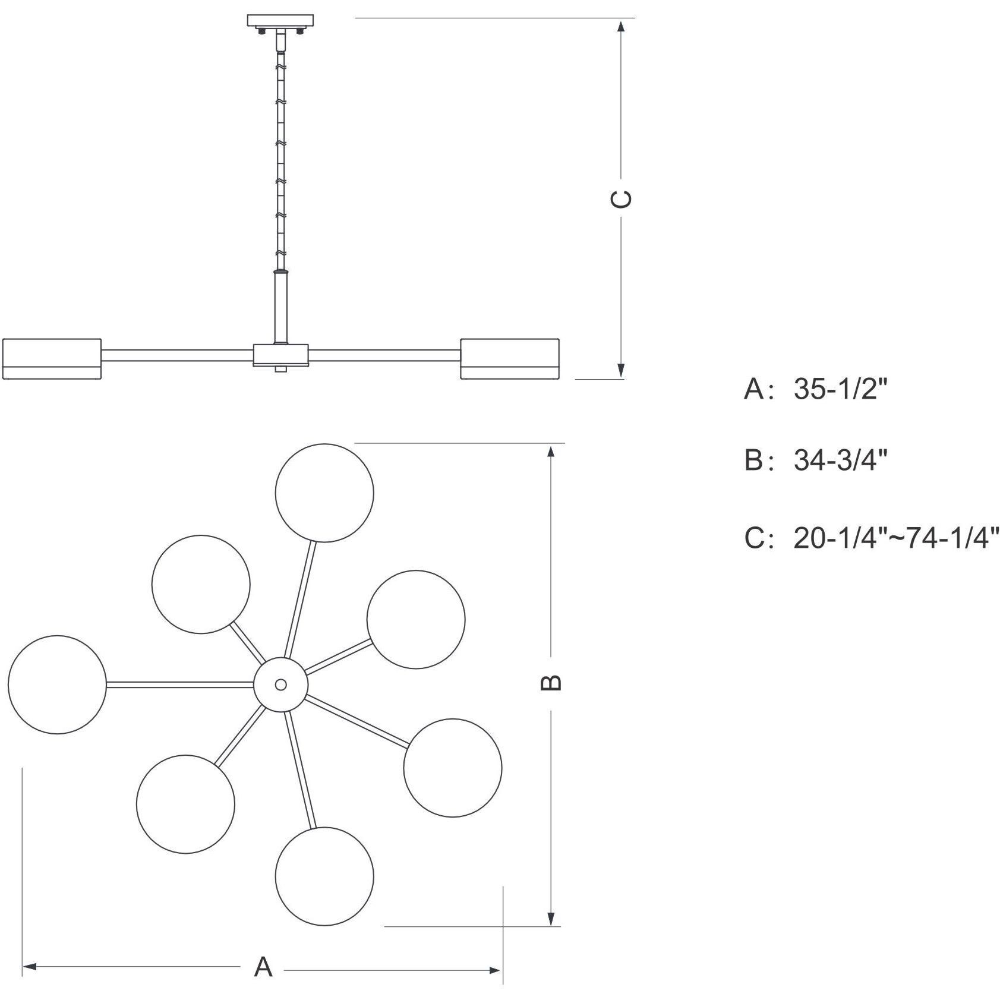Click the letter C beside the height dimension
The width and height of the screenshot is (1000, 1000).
[621, 199]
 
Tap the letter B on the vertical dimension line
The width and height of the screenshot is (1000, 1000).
[551, 683]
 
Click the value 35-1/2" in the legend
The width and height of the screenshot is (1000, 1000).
[840, 389]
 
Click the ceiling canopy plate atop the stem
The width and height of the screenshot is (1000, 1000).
[280, 20]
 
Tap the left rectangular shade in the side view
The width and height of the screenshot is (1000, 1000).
[52, 359]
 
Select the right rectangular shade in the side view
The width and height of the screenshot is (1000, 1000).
[510, 359]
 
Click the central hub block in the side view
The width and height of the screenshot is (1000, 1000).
[281, 355]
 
